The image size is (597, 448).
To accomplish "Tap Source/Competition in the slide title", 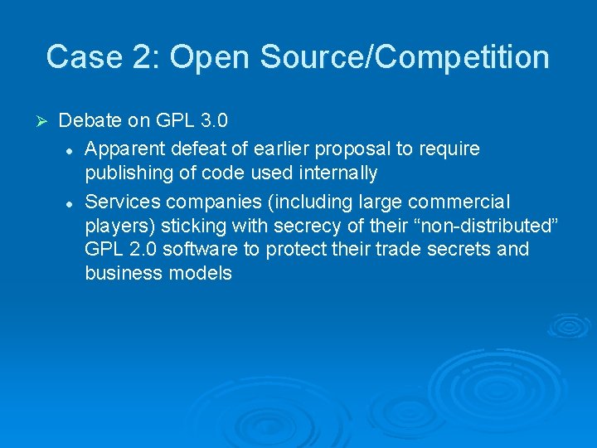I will pos(405,57).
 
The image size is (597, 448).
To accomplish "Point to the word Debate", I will pos(91,121).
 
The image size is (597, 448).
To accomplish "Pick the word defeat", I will pos(195,149).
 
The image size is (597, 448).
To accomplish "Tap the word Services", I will pos(121,202).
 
